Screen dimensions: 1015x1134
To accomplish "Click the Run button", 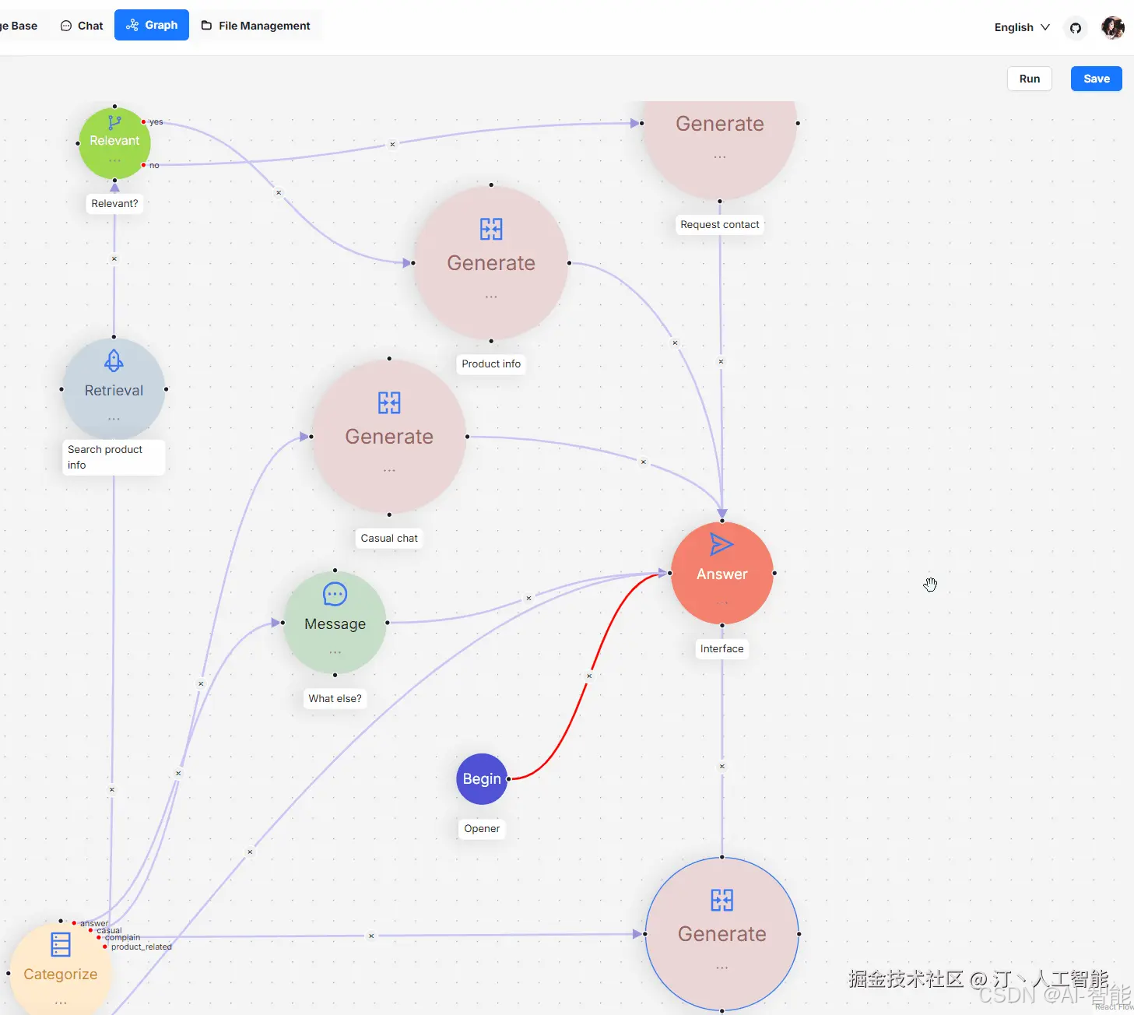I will tap(1029, 79).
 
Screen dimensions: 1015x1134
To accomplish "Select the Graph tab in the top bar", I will tap(152, 25).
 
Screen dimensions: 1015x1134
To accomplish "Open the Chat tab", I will tap(82, 26).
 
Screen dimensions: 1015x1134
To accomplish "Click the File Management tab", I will tap(256, 26).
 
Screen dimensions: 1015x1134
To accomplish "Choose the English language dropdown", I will tap(1021, 27).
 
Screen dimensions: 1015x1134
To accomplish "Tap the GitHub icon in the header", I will tap(1076, 28).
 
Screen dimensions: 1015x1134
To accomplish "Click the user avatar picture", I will tap(1113, 27).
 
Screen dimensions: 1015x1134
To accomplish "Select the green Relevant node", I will tap(114, 143).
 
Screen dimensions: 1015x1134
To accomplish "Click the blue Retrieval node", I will tap(114, 388).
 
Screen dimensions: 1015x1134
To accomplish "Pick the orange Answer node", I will tap(722, 574).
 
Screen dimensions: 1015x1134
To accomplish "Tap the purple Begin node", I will tap(482, 779).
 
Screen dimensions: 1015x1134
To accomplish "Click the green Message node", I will tap(335, 623).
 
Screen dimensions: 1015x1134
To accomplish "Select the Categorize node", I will tap(60, 969).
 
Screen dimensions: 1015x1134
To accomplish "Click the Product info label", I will tap(491, 364).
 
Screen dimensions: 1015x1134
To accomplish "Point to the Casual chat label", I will tap(389, 538).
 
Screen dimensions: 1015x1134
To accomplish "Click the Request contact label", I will tap(719, 225).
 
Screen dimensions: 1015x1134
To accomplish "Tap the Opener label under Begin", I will tap(482, 829).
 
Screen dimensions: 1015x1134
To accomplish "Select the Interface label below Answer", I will tap(721, 648).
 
